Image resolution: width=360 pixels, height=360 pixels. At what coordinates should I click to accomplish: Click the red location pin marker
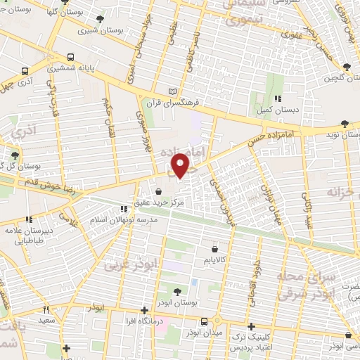[181, 165]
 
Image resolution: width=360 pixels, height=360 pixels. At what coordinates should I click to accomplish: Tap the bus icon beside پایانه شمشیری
[70, 58]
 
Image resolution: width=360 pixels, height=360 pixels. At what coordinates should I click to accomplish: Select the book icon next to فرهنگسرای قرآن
[174, 91]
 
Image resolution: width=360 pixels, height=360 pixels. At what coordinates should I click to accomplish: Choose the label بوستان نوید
[342, 134]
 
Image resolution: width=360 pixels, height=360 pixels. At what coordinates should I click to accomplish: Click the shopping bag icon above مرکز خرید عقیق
[157, 191]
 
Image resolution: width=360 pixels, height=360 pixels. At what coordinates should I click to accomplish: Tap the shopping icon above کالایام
[214, 248]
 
